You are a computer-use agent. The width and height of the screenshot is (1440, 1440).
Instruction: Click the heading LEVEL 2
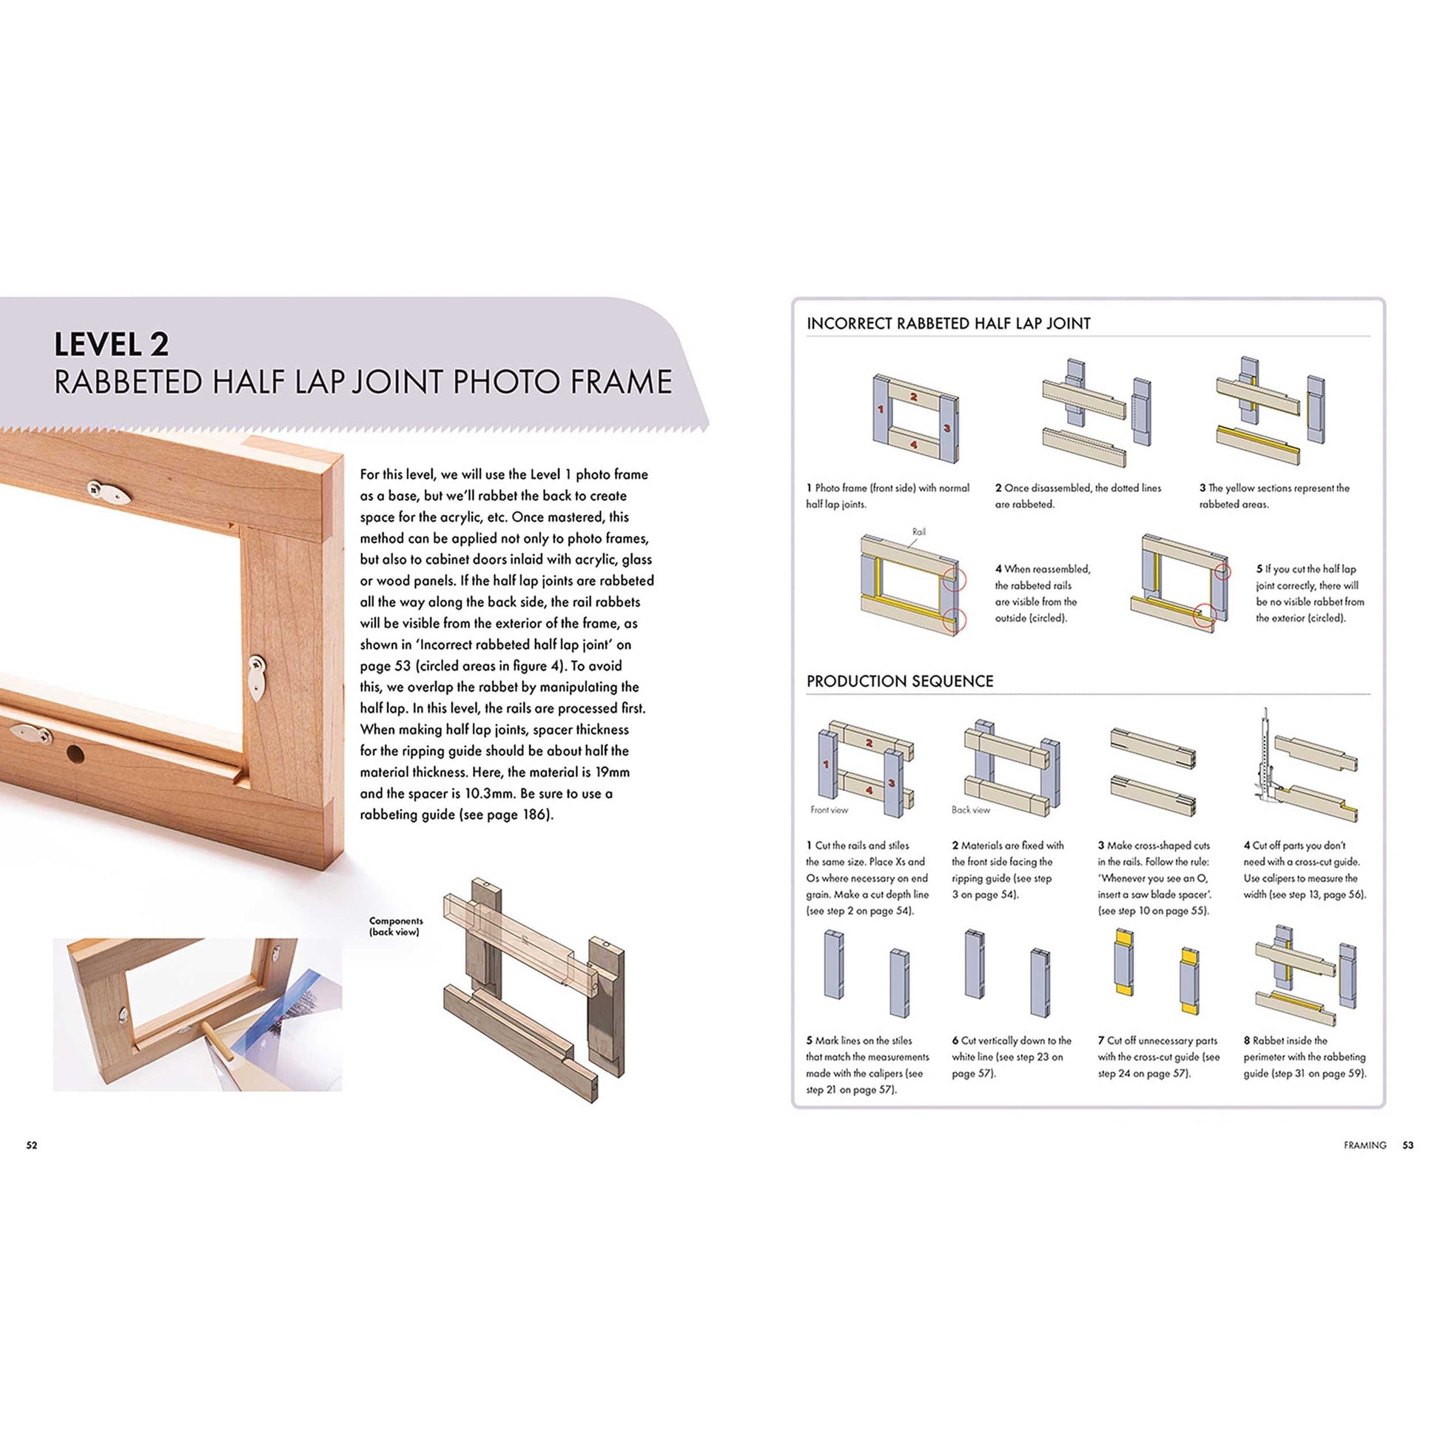112,344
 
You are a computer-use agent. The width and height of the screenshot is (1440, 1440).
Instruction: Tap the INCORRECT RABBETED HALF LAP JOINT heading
948,323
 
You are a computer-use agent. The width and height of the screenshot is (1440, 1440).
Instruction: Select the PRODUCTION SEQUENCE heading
900,682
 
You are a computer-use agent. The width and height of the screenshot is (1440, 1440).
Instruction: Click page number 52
31,1145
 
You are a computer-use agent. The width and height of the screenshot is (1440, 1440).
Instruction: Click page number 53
1407,1145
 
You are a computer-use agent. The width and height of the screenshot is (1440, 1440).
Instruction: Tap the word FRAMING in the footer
1365,1145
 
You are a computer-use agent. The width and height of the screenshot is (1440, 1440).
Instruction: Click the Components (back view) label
396,926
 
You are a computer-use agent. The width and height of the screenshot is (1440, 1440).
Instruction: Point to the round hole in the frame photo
75,755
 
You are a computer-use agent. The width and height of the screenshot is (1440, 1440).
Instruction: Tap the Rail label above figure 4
918,532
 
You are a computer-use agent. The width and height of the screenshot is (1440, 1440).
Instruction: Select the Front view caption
829,810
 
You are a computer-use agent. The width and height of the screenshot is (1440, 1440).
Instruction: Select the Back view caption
970,810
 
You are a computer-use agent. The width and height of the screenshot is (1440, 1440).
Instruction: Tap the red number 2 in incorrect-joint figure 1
913,397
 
